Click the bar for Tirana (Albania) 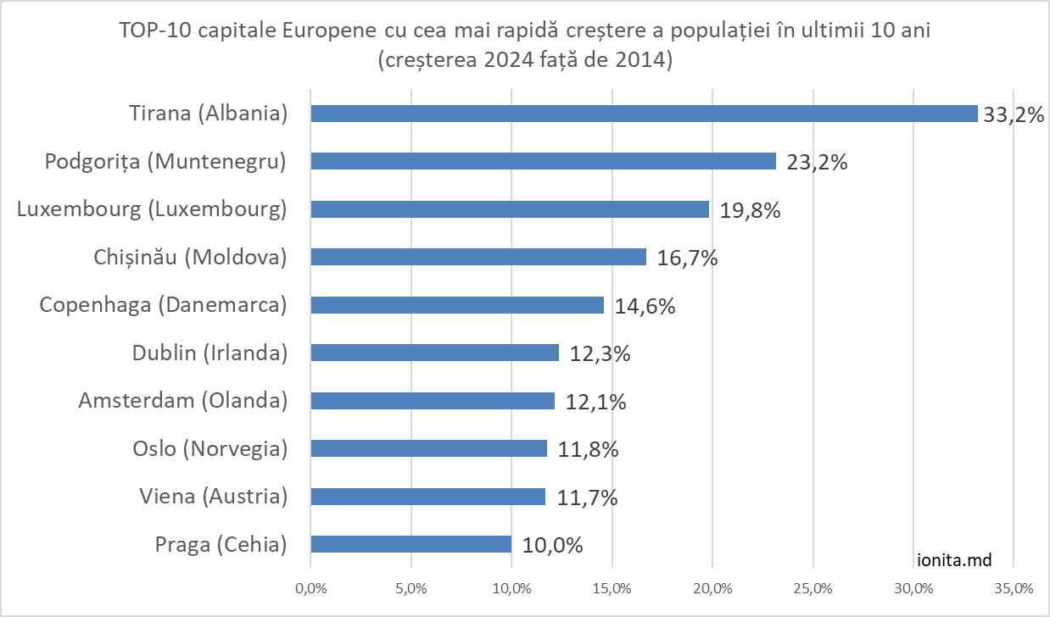(644, 114)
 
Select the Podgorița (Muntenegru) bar (544, 161)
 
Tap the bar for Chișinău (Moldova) (478, 257)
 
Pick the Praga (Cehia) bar (411, 544)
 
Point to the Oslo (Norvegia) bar (429, 448)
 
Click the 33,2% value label (1013, 114)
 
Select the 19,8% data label (751, 210)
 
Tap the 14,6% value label (645, 306)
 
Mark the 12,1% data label (596, 402)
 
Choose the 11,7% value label (588, 497)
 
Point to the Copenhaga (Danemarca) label (164, 305)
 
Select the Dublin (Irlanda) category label (210, 353)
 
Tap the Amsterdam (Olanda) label (183, 400)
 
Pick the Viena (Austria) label (214, 496)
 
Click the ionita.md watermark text (955, 559)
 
